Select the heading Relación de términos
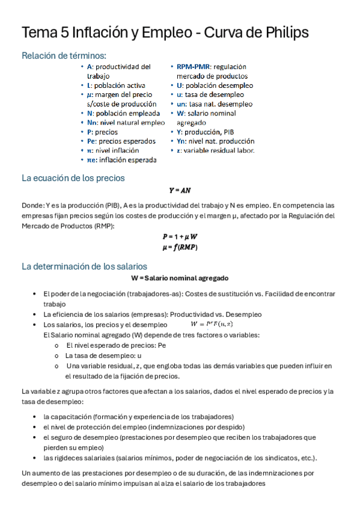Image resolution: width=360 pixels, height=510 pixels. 64,56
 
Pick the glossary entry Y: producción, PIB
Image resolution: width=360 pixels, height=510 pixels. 207,132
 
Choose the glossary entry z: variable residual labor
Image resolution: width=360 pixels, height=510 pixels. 215,150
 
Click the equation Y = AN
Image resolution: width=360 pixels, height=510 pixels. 179,190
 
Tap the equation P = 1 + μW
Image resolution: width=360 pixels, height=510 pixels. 180,237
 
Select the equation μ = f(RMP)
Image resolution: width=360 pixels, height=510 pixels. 180,247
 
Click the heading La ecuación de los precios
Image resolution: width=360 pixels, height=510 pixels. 73,178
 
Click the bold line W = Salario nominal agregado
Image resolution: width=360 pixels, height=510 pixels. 180,278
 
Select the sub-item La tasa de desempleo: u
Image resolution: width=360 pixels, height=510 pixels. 103,355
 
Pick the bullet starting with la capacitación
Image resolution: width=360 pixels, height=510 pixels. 138,416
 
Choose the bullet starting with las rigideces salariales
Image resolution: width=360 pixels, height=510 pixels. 180,457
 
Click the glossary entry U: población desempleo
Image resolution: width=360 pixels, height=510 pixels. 215,85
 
